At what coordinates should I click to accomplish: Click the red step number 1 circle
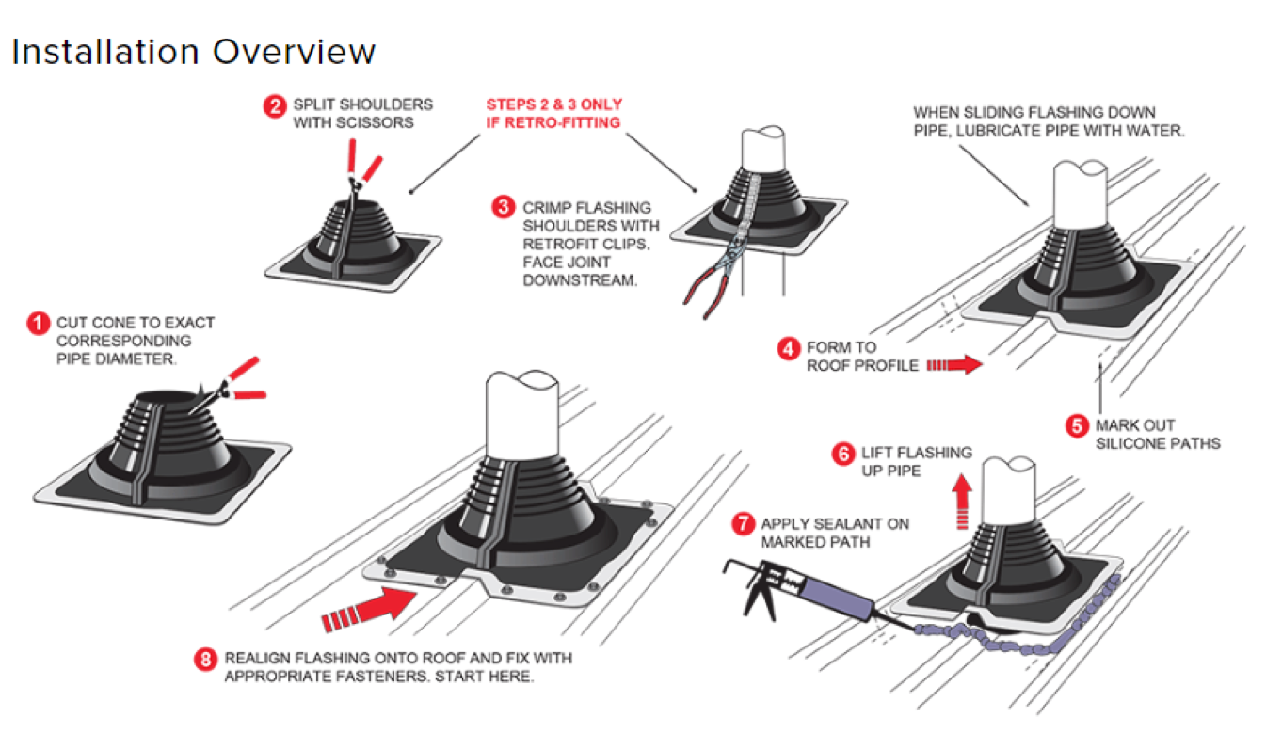[38, 325]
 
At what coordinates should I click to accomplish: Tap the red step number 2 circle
[274, 106]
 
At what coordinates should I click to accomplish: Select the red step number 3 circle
[504, 207]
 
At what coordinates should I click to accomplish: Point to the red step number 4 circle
[788, 349]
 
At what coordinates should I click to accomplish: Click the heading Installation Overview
[193, 51]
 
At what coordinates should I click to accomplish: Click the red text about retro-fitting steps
[553, 113]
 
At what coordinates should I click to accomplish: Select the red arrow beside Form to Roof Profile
[953, 365]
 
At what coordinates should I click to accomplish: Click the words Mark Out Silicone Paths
[1157, 434]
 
